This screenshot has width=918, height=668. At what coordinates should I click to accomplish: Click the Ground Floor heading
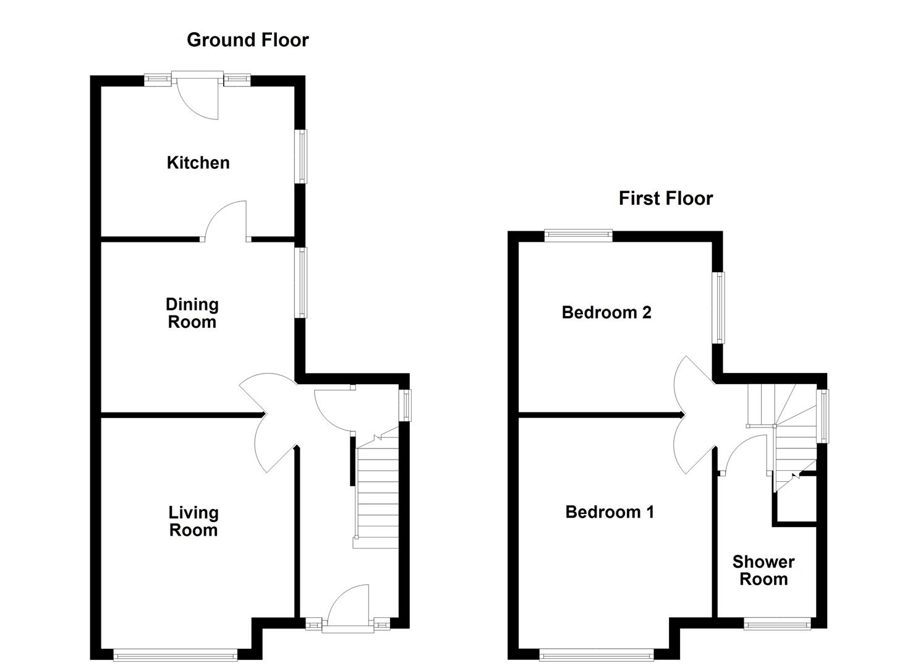pyautogui.click(x=247, y=40)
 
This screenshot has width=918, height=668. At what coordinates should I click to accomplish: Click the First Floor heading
pyautogui.click(x=665, y=199)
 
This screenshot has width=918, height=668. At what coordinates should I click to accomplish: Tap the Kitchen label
pyautogui.click(x=198, y=163)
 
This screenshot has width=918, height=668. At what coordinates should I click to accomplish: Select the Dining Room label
pyautogui.click(x=192, y=313)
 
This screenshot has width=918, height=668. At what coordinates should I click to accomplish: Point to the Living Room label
pyautogui.click(x=193, y=521)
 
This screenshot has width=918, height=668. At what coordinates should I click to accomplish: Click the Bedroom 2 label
pyautogui.click(x=606, y=312)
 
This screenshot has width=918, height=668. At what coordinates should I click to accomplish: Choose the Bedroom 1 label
pyautogui.click(x=609, y=512)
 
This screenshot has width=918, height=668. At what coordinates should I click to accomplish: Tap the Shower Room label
pyautogui.click(x=763, y=570)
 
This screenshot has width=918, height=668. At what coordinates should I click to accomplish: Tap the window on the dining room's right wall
pyautogui.click(x=301, y=282)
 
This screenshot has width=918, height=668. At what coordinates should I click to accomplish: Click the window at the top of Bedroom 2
pyautogui.click(x=578, y=234)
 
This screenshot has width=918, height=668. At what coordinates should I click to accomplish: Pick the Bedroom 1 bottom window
pyautogui.click(x=596, y=654)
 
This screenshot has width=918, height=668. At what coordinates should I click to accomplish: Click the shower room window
pyautogui.click(x=776, y=623)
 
